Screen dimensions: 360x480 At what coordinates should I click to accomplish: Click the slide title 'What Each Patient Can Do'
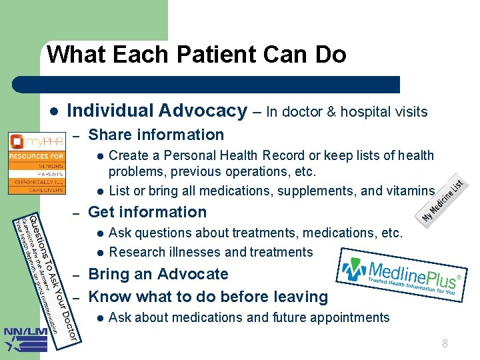197,54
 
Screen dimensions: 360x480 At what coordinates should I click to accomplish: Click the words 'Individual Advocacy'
157,111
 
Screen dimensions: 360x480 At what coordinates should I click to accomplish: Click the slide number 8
445,344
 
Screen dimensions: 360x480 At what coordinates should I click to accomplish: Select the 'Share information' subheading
156,135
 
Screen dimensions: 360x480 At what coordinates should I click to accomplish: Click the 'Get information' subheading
147,212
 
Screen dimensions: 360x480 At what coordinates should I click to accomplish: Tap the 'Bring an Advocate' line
158,274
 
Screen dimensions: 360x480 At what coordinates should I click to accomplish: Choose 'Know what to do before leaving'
208,297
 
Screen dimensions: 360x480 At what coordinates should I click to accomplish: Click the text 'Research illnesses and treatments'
211,252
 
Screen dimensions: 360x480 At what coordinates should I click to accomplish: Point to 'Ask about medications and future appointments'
249,317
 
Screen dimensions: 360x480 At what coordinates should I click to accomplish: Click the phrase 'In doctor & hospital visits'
347,112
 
